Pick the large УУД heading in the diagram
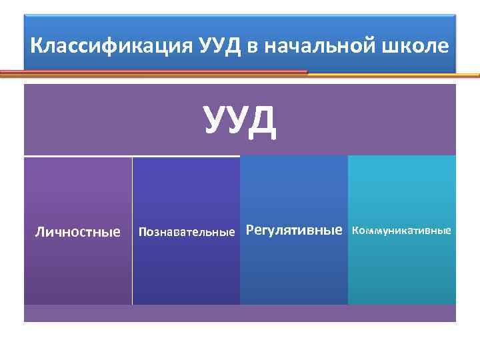[x=240, y=121]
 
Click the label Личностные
[x=77, y=232]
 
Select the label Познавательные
[x=186, y=233]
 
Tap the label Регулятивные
[x=294, y=231]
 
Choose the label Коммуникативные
[x=401, y=231]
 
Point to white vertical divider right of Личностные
[x=132, y=267]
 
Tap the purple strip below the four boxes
[x=240, y=313]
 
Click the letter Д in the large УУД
[x=261, y=121]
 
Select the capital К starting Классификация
[x=37, y=46]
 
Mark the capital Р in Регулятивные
[x=251, y=231]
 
